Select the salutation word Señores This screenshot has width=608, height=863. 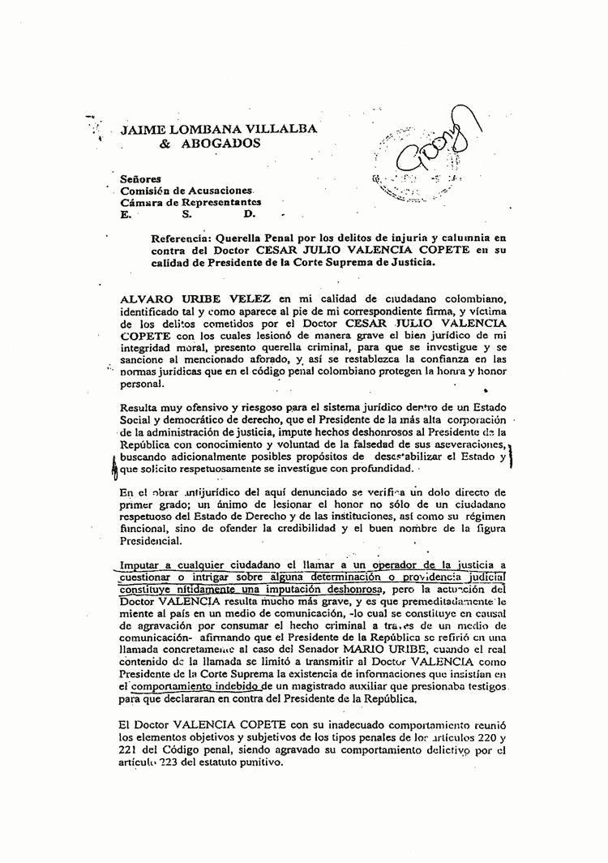pos(140,178)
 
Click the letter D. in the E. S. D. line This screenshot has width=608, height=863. pos(249,214)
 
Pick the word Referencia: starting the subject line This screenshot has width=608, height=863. pos(186,238)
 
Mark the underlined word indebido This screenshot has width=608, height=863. pos(236,686)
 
